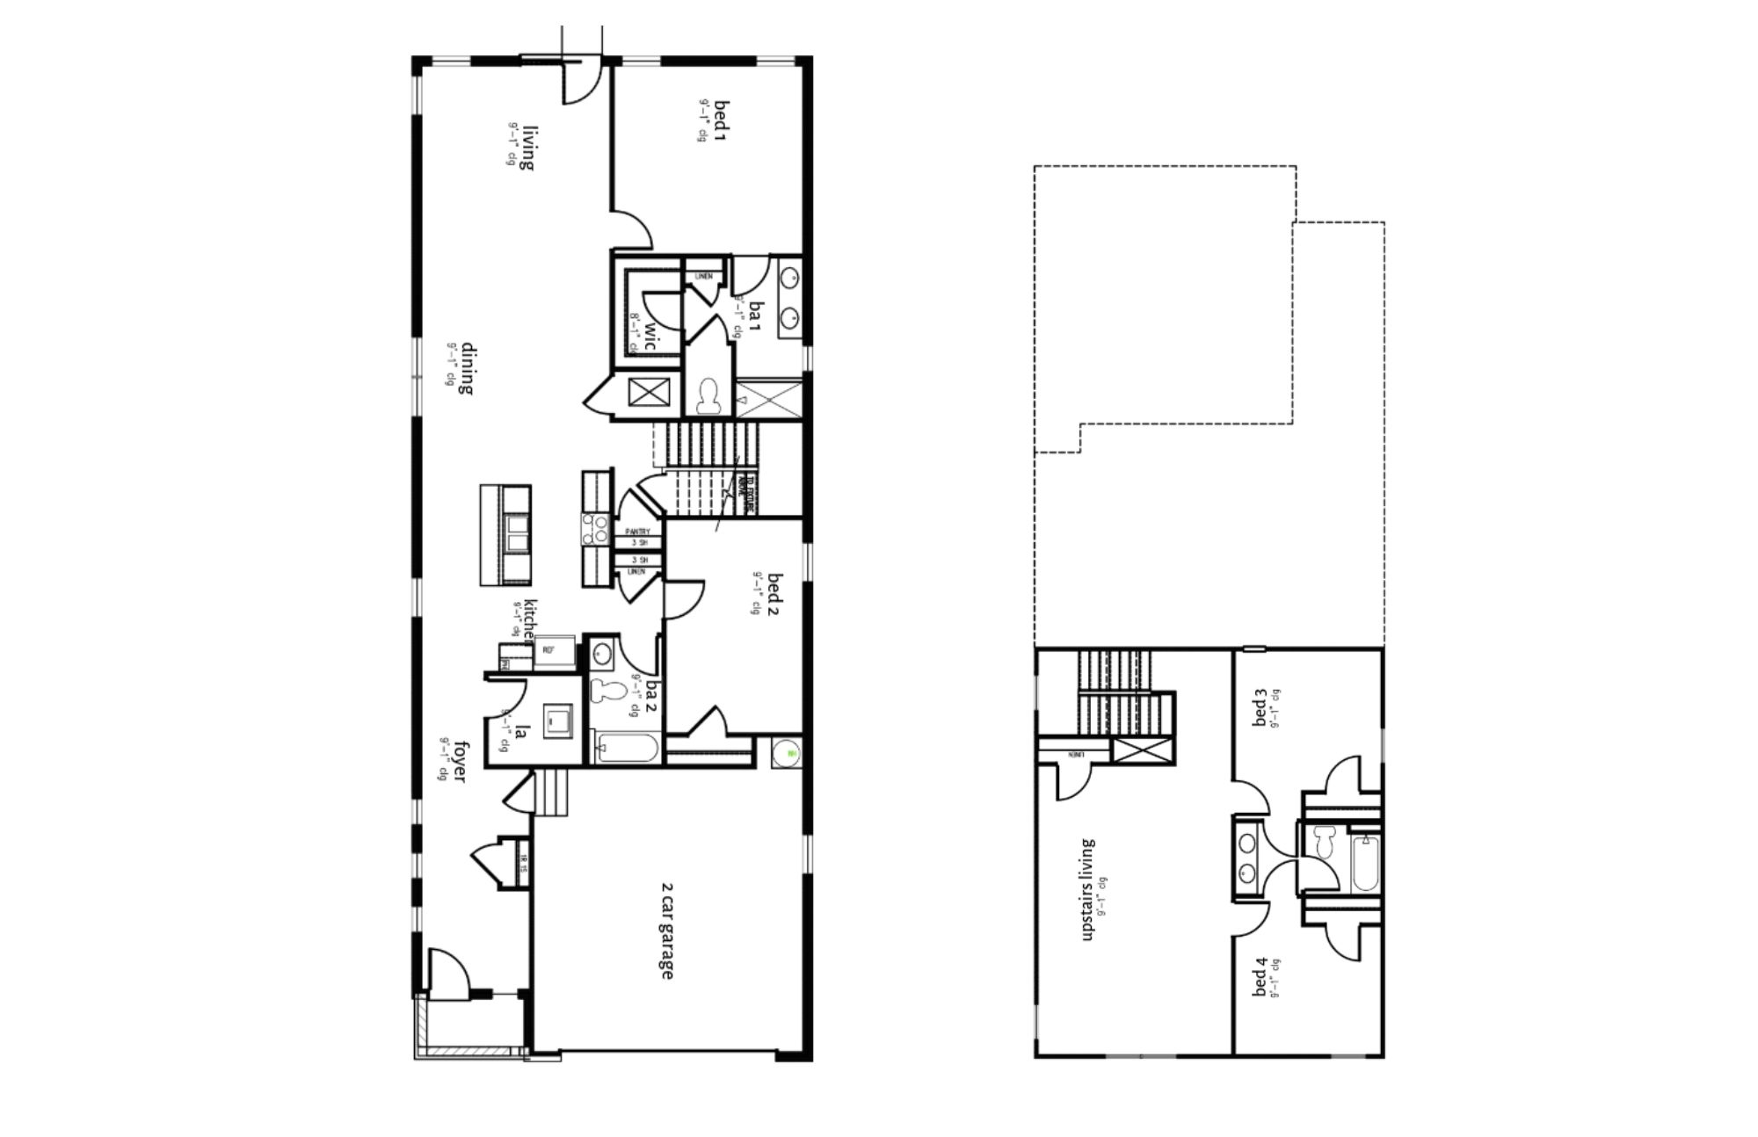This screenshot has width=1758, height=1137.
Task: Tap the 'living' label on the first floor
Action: pyautogui.click(x=528, y=147)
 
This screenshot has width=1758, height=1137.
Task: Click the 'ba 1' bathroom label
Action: pyautogui.click(x=754, y=314)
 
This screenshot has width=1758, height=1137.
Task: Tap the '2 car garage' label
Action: pyautogui.click(x=665, y=931)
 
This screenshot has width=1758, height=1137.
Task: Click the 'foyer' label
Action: pyautogui.click(x=459, y=760)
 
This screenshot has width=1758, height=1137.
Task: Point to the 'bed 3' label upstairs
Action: pyautogui.click(x=1260, y=708)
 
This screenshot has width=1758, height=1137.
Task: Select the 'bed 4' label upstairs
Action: pyautogui.click(x=1260, y=977)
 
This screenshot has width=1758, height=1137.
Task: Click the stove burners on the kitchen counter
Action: pyautogui.click(x=594, y=529)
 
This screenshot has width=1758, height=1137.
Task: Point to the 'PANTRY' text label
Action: pyautogui.click(x=637, y=532)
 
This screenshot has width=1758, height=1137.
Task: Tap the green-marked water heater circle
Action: pyautogui.click(x=788, y=753)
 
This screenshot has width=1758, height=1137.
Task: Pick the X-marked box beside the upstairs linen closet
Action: pyautogui.click(x=1142, y=751)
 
